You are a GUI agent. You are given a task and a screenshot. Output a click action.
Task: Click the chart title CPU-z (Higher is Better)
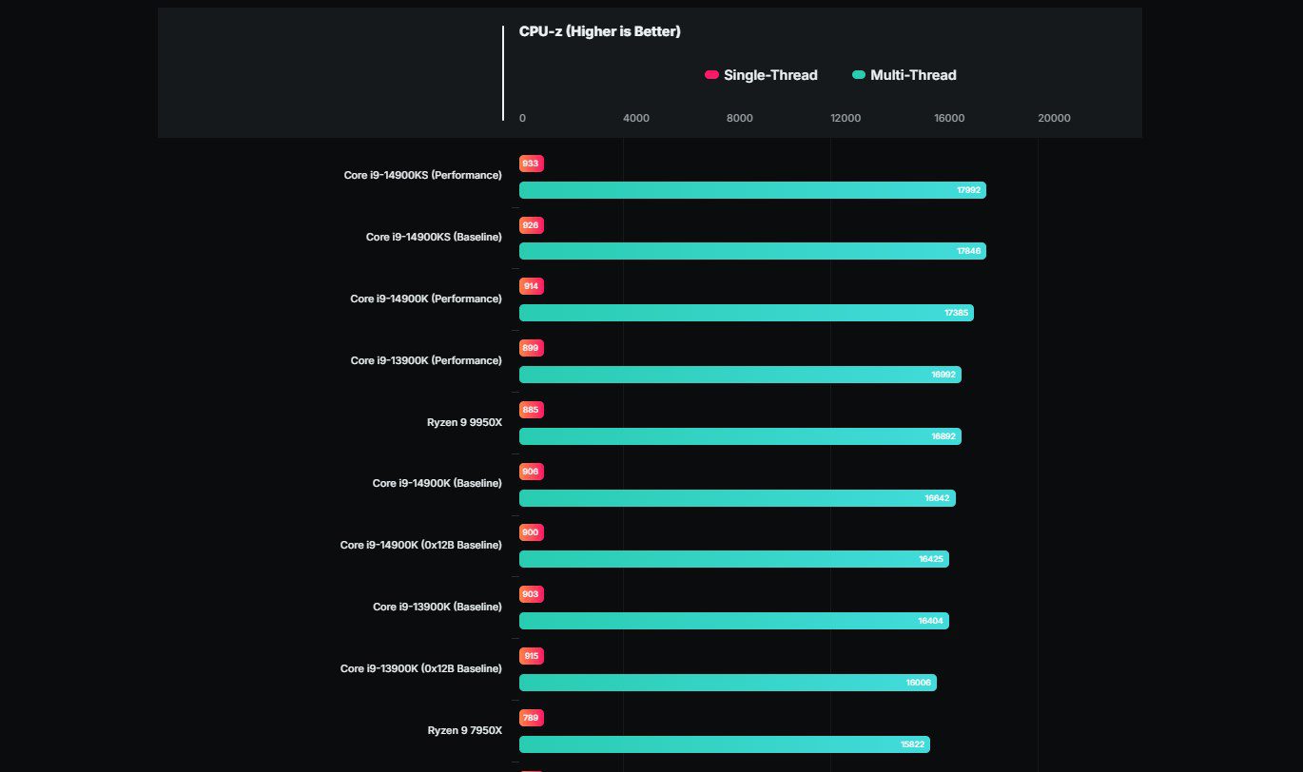coord(599,32)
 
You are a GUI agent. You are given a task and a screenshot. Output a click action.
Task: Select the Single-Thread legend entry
coord(761,75)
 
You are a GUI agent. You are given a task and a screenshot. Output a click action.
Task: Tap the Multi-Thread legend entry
coord(904,75)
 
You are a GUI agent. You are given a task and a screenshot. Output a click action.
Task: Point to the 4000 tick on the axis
coord(635,118)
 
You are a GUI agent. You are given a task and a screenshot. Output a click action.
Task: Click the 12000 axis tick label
coord(846,118)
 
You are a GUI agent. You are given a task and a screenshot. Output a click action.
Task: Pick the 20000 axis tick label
coord(1054,118)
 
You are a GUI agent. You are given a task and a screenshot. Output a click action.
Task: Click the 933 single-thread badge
coord(531,164)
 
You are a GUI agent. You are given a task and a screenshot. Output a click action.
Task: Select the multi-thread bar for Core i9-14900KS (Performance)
coord(751,190)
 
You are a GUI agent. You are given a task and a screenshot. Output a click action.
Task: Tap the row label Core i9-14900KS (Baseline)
coord(434,237)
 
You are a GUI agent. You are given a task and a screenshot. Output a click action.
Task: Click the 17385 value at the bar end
coord(956,313)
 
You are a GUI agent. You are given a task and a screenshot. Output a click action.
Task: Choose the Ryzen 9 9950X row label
coord(464,421)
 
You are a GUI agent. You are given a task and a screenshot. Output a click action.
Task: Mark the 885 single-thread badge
coord(531,410)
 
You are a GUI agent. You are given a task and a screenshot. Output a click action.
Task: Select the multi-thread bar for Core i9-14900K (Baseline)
coord(737,498)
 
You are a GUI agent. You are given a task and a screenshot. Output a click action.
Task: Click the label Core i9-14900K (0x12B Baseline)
coord(420,545)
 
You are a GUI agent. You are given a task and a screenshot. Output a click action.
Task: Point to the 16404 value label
coord(930,621)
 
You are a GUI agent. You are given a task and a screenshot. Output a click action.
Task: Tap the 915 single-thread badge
coord(531,656)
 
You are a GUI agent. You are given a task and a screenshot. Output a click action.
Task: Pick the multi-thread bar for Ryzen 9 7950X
coord(723,744)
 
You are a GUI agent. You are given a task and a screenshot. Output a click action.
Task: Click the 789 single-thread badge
coord(531,718)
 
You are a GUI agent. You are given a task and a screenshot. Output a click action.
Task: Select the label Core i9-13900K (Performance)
coord(425,360)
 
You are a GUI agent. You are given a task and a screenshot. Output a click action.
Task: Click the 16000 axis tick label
coord(949,118)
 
